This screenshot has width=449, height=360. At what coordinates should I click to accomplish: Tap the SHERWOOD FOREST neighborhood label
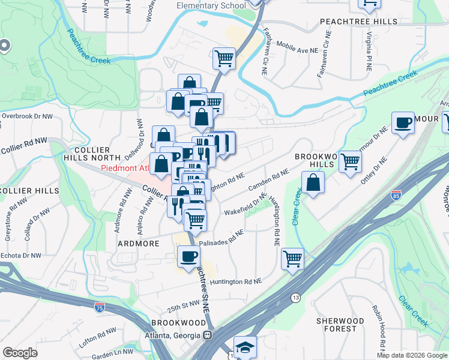click(340, 325)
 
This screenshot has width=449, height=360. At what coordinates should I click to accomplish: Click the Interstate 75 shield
click(99, 307)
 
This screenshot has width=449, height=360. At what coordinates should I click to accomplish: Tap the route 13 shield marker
click(295, 298)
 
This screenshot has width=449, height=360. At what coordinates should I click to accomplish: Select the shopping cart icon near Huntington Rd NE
click(292, 259)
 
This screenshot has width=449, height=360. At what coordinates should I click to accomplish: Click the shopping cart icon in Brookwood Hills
click(349, 161)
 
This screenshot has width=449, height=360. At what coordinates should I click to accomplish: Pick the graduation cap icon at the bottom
click(245, 347)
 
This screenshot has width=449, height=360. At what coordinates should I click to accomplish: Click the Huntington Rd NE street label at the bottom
click(236, 281)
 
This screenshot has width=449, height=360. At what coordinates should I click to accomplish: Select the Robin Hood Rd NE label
click(379, 323)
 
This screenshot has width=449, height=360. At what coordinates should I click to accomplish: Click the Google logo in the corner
click(20, 352)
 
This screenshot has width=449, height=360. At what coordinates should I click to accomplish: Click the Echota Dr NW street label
click(20, 254)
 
